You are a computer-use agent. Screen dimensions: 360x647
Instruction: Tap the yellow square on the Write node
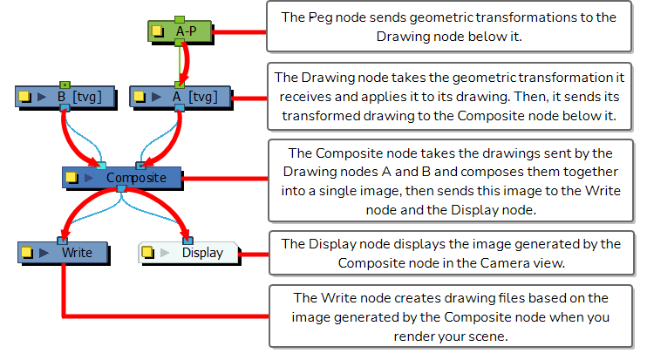[x=27, y=253]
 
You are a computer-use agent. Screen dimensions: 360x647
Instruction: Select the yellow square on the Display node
[x=147, y=253]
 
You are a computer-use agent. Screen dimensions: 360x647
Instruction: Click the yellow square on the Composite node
[x=73, y=178]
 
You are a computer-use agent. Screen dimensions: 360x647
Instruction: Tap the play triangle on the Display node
[x=162, y=253]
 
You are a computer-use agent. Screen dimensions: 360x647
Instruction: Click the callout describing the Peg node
[x=448, y=27]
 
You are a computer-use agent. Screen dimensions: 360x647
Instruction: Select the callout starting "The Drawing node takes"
[x=448, y=96]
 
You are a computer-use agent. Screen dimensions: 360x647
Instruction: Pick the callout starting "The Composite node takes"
[x=448, y=179]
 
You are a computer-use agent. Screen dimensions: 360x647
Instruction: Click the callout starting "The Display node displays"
[x=448, y=252]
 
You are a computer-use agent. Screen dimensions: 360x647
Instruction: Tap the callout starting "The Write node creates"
[x=448, y=315]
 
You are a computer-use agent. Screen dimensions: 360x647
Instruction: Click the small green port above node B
[x=65, y=84]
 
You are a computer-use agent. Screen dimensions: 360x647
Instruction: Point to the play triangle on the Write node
[x=42, y=253]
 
